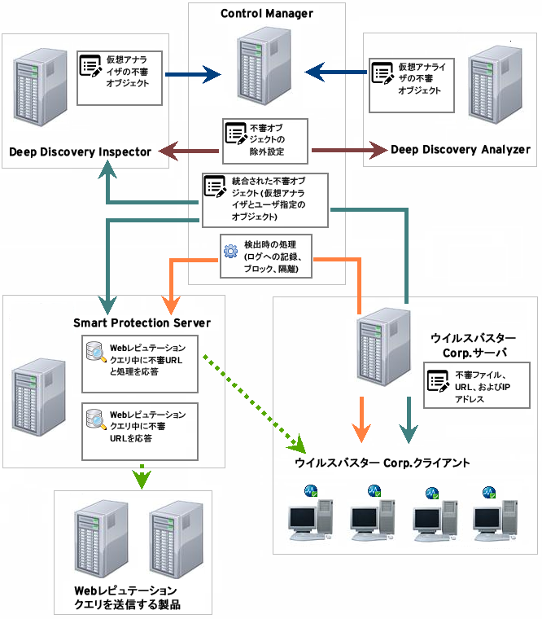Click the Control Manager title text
click(267, 13)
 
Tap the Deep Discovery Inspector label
click(81, 151)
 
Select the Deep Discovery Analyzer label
click(461, 149)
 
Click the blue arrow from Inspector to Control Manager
click(193, 76)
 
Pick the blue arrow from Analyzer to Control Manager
click(337, 74)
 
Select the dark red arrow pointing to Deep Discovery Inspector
click(188, 150)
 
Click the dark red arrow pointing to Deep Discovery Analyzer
click(348, 150)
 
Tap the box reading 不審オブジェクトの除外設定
click(265, 139)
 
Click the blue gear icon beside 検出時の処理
click(230, 250)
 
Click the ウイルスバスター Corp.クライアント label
click(382, 463)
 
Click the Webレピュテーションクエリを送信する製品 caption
click(127, 597)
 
